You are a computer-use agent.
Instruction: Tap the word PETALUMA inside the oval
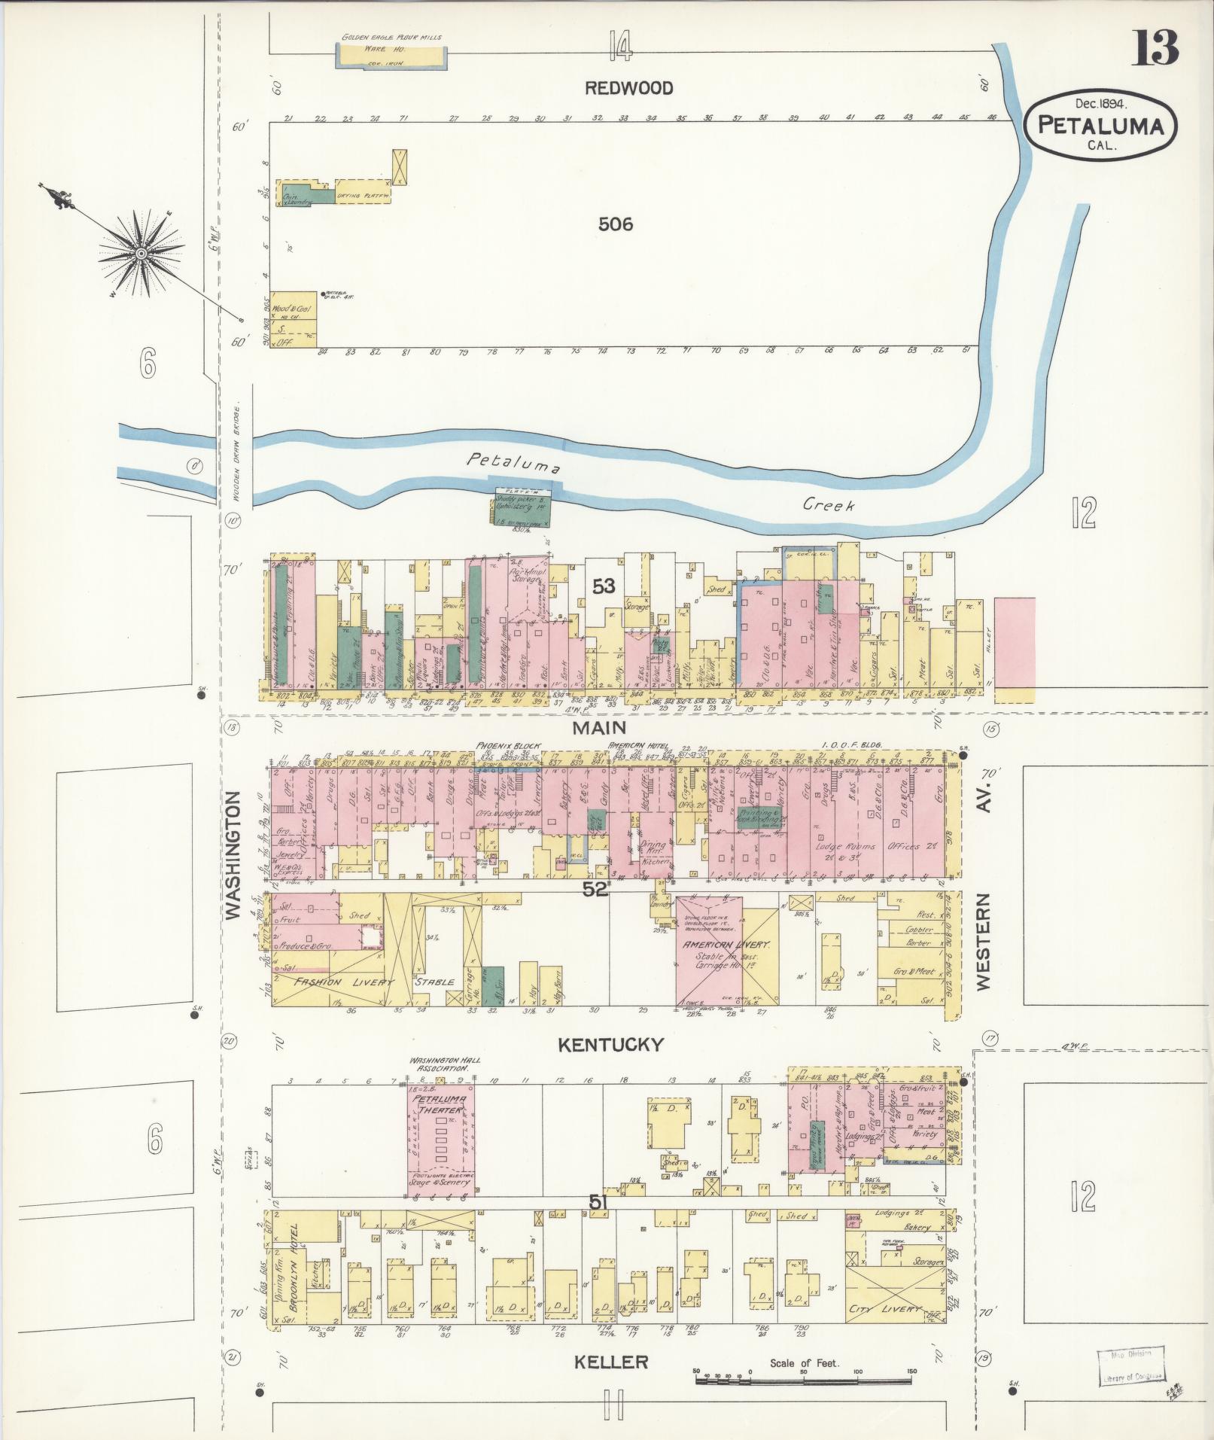tap(1100, 126)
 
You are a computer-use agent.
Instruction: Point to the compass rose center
tap(141, 254)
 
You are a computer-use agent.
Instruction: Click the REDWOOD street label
tap(628, 88)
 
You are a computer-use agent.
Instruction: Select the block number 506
tap(615, 224)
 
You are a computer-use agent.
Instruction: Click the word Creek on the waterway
tap(828, 505)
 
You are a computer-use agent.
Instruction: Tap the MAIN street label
tap(599, 727)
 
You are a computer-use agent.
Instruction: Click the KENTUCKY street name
tap(610, 1044)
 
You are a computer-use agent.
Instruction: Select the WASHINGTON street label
tap(232, 854)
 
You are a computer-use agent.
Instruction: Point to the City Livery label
tap(884, 1309)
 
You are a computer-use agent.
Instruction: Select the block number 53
tap(603, 586)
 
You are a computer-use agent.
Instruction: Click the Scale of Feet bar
tap(804, 1381)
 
